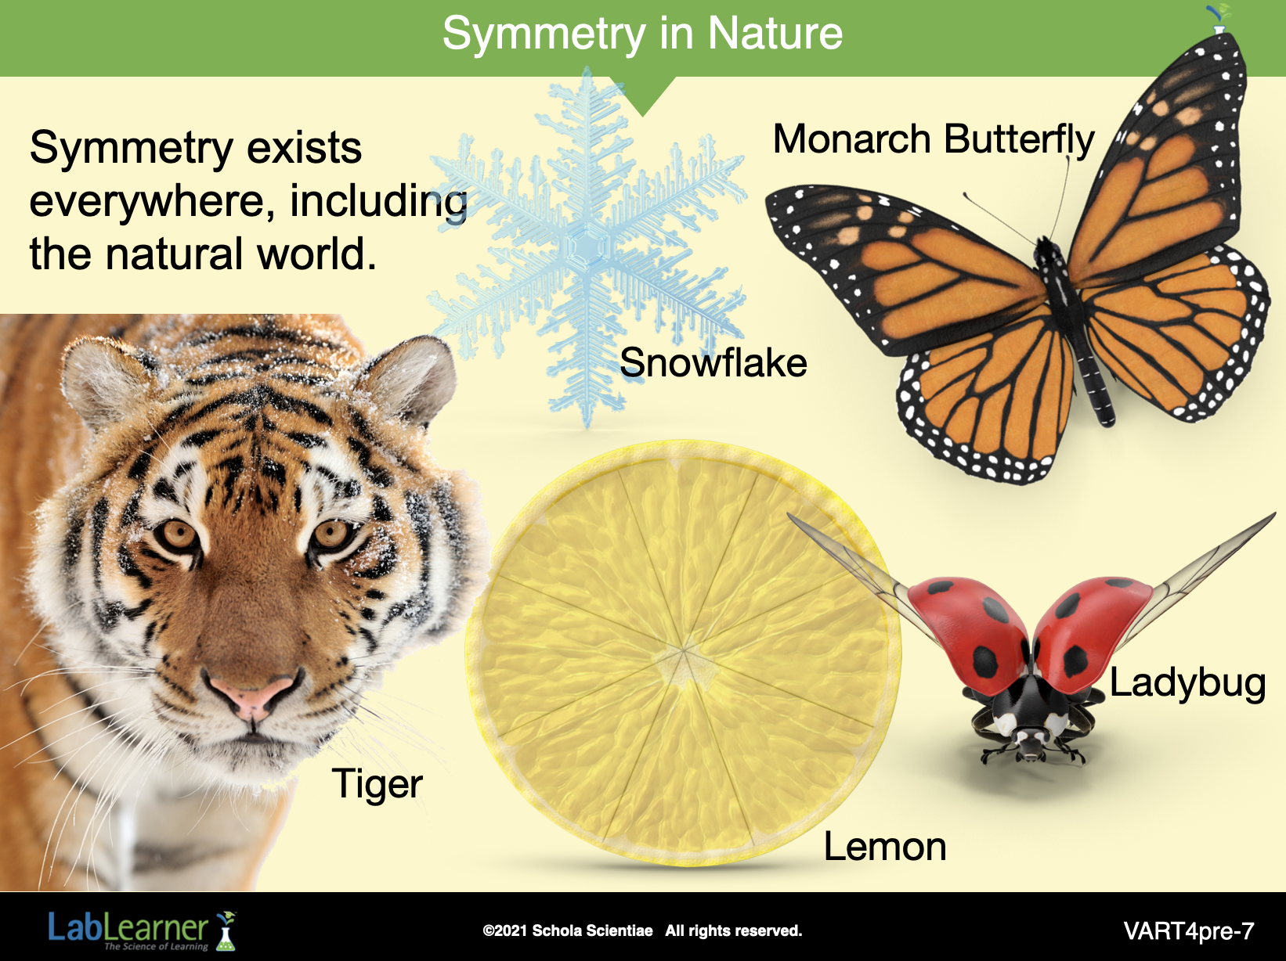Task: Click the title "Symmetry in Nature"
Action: coord(642,34)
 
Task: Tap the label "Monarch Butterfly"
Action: coord(934,140)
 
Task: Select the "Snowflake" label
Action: coord(713,363)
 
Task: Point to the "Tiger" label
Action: coord(377,784)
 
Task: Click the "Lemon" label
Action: coord(885,847)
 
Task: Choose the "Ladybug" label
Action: coord(1187,683)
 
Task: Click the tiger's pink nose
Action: coord(254,696)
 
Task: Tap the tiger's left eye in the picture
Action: coord(178,534)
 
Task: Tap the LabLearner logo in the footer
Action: coord(142,930)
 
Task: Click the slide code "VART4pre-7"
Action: coord(1189,930)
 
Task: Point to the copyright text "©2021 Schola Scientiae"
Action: coord(567,930)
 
